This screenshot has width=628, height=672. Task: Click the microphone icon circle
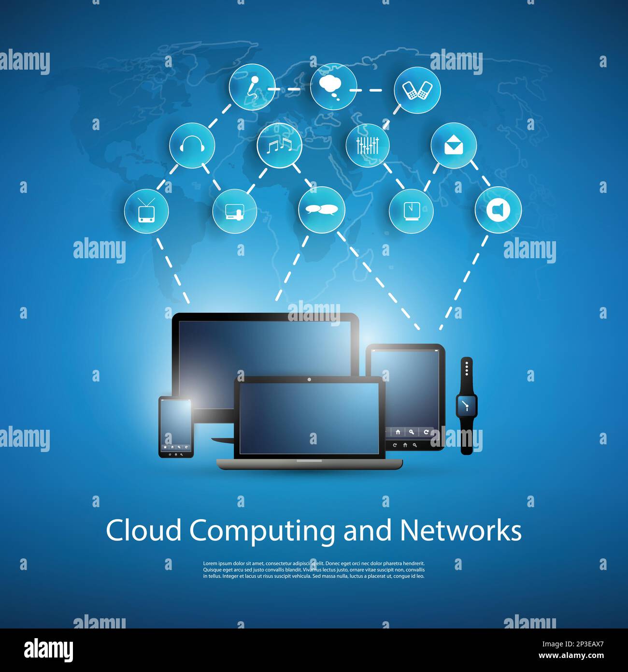tap(252, 87)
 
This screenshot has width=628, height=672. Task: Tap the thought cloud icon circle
tap(333, 87)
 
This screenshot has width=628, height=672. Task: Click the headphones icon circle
tap(192, 146)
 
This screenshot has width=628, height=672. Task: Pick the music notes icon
tap(279, 146)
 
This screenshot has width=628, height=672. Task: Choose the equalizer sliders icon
tap(368, 146)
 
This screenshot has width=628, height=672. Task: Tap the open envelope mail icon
tap(454, 145)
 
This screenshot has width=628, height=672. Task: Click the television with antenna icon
tap(146, 210)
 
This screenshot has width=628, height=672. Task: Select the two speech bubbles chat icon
tap(322, 210)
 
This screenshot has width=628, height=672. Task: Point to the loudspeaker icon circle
tap(498, 210)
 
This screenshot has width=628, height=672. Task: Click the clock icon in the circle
tap(411, 211)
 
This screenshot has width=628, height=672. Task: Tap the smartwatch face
tap(466, 405)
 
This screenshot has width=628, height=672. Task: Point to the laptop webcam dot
tap(309, 380)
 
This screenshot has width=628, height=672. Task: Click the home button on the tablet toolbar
tap(398, 432)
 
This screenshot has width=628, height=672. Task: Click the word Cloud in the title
tap(144, 530)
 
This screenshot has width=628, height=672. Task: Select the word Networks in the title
tap(460, 530)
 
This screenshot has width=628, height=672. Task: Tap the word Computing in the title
tap(262, 532)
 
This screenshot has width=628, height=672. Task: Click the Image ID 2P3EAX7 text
tap(573, 644)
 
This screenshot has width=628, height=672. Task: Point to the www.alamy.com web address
tap(571, 656)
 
